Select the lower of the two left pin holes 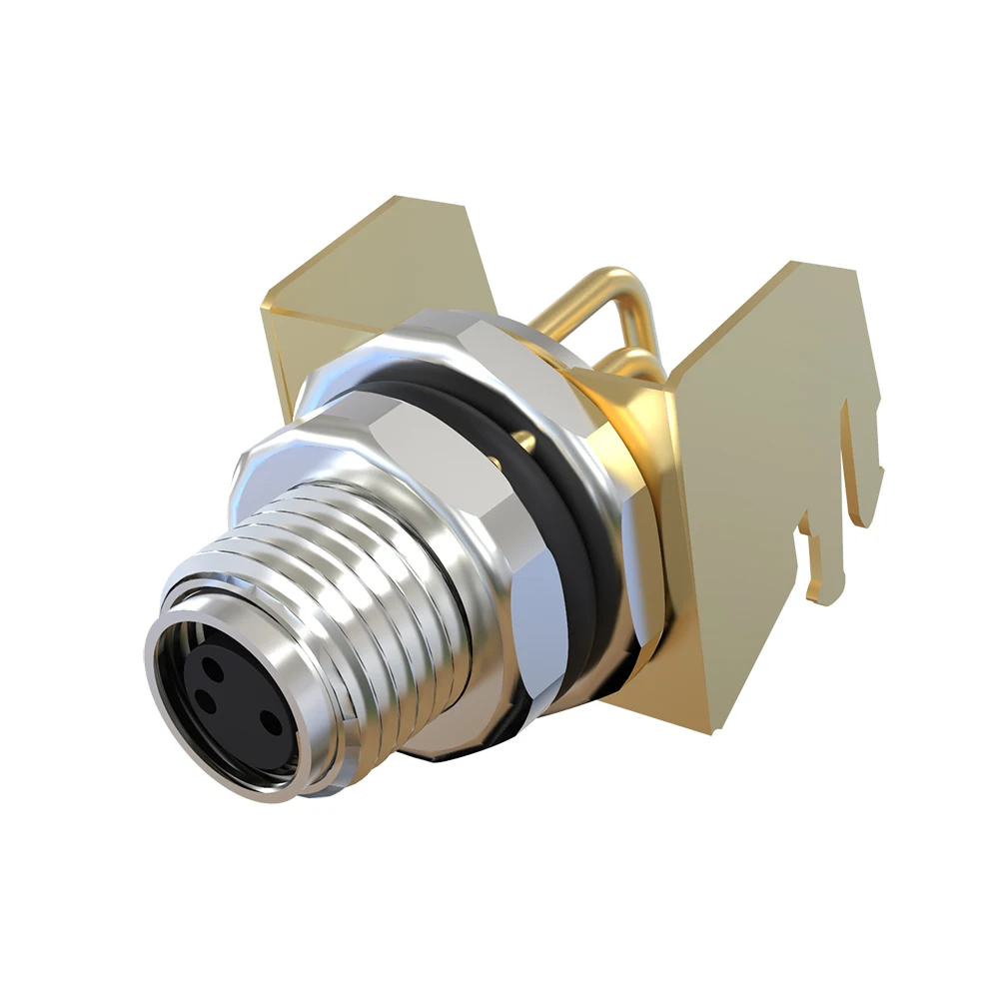point(206,699)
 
